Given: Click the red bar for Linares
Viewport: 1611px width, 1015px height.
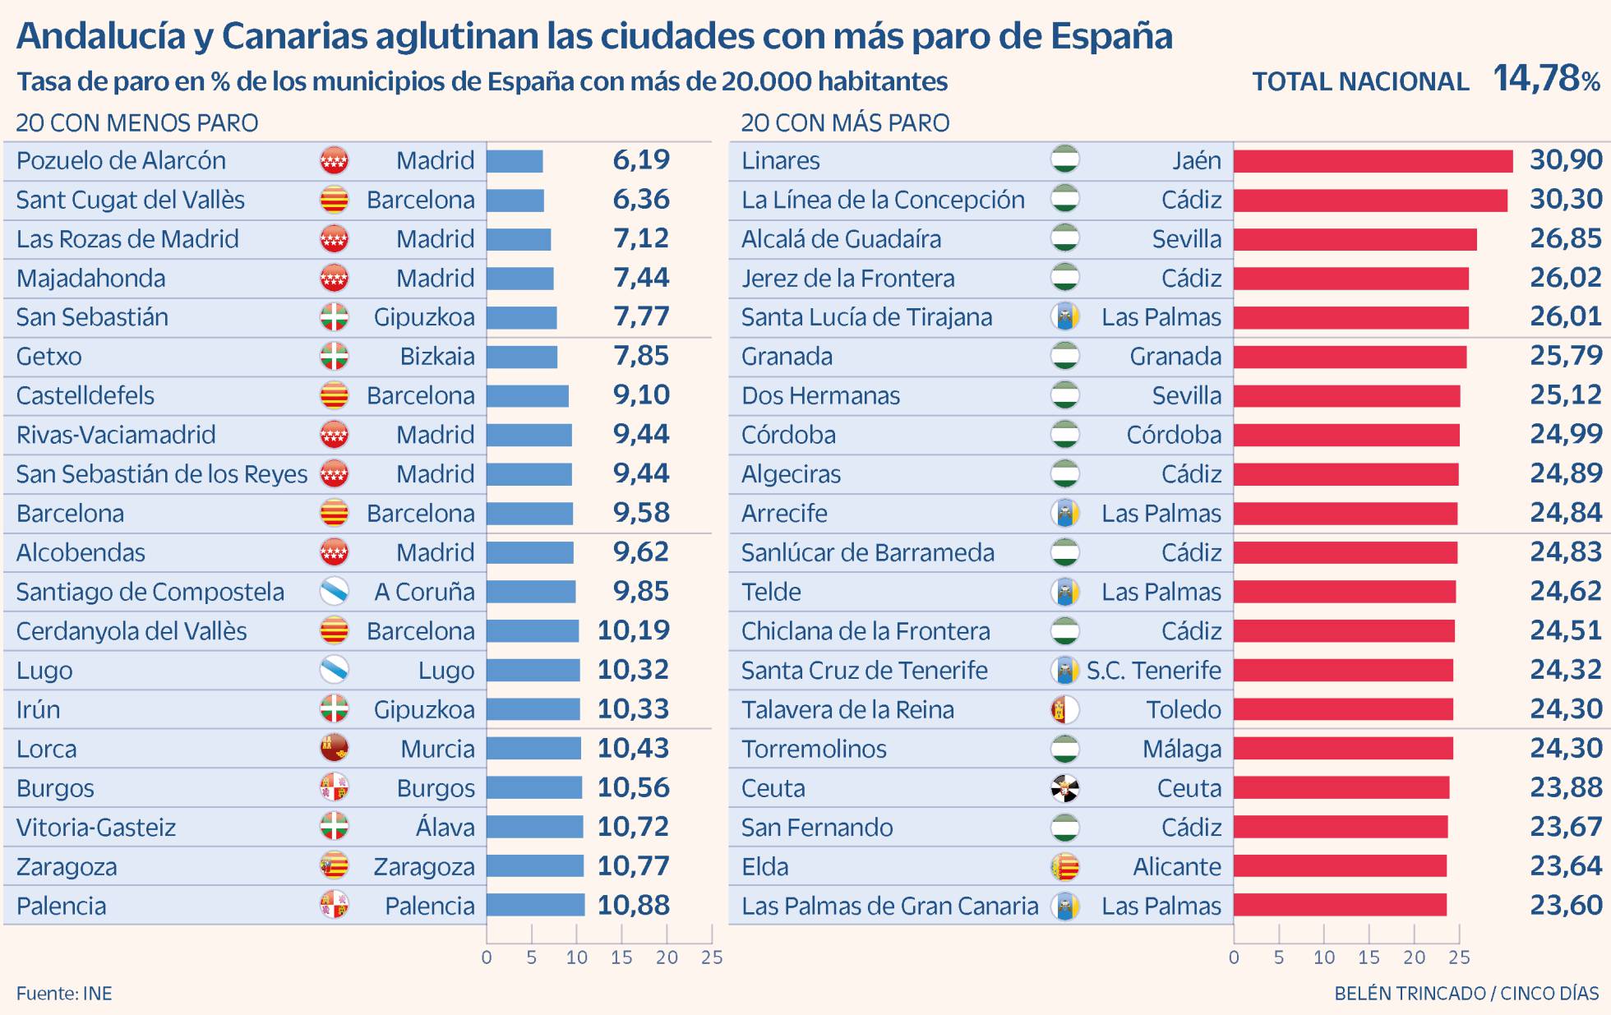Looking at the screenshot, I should [1373, 161].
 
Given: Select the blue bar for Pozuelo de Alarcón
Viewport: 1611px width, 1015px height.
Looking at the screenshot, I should [515, 161].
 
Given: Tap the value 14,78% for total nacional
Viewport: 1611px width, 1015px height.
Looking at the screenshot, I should [1546, 79].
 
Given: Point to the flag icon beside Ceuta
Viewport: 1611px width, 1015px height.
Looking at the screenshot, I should [1065, 788].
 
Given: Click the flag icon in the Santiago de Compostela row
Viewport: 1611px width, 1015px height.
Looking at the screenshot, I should [334, 592].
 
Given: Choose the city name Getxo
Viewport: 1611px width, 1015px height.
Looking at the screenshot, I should [49, 357].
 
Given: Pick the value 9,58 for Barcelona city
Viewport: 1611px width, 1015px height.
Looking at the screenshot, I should [641, 513].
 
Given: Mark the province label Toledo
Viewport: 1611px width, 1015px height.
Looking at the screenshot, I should [1184, 709].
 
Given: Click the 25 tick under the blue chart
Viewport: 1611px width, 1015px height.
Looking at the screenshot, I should [712, 957].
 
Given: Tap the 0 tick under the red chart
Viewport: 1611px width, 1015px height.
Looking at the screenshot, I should [1234, 957].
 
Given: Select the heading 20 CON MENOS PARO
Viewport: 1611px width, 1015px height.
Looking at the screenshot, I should [137, 123].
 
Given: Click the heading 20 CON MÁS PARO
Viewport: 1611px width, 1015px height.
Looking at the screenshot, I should [845, 123].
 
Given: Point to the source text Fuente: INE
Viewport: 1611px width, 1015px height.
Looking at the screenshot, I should [64, 993].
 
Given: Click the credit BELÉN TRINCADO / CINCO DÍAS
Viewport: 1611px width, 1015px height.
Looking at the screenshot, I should [1466, 993].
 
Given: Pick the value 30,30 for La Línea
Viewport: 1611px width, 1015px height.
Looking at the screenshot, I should [1566, 199].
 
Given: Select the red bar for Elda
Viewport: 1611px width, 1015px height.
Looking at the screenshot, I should [1340, 866].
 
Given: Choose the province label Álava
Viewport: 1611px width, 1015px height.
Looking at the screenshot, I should [445, 827].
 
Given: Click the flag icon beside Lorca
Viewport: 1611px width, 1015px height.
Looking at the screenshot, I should [334, 749].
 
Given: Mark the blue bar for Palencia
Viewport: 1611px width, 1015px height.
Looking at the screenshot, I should [535, 906].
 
